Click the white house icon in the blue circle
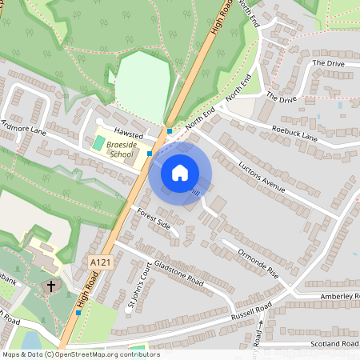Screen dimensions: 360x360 180,172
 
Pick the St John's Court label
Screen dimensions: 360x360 137,284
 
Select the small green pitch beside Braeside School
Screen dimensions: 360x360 98,142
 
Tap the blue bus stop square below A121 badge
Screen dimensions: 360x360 78,312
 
